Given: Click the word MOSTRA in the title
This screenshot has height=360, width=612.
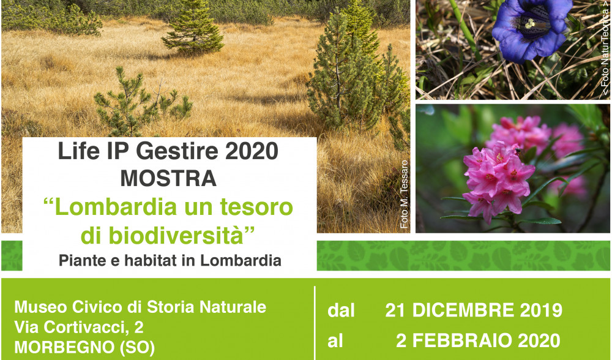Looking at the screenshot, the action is tap(168, 178).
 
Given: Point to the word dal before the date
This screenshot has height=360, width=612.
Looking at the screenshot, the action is tap(341, 311).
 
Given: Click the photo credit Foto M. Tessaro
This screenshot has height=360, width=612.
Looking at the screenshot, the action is tap(404, 195).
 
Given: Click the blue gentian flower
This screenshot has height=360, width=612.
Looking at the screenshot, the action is tap(531, 28).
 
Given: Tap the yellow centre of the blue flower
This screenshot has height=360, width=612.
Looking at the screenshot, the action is tap(529, 24).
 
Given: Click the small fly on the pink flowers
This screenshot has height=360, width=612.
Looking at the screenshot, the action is tap(517, 151).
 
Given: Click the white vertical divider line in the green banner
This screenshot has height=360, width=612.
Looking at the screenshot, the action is tap(315, 323).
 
